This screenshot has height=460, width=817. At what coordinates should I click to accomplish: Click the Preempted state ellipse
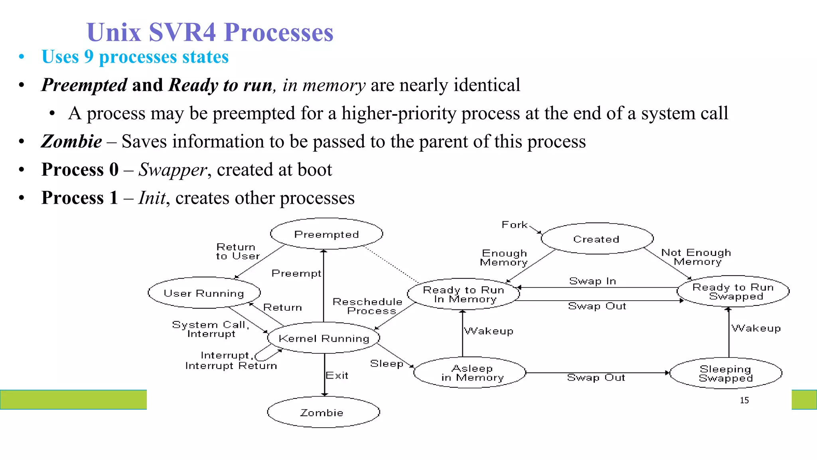326,234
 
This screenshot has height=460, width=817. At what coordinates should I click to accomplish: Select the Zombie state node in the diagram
323,412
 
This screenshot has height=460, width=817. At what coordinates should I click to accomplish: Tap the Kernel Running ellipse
324,338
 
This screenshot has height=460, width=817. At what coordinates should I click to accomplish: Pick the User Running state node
204,293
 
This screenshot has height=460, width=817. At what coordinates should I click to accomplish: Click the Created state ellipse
597,239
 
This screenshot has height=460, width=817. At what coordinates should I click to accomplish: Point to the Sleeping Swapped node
726,373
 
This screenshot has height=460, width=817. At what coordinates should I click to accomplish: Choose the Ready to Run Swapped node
733,291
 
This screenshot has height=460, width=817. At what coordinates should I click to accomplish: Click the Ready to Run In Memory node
464,294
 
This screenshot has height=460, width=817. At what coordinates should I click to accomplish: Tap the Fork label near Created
515,225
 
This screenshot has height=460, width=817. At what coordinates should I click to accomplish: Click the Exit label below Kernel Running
337,375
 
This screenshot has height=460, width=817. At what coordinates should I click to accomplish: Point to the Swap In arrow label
592,281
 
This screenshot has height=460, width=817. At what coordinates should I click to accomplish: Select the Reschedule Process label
367,306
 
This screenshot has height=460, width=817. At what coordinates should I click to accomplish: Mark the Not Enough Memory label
696,257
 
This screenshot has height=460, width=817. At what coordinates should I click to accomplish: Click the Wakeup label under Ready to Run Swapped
756,328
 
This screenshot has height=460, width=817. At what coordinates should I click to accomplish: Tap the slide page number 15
744,400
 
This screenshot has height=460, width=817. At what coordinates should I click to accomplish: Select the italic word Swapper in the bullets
172,170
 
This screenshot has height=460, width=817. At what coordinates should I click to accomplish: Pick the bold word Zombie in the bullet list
72,141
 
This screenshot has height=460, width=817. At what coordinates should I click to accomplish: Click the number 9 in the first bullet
89,57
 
